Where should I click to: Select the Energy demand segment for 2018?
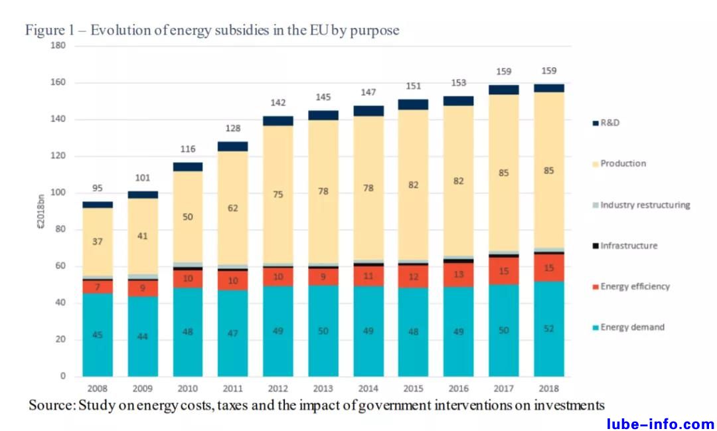point(548,329)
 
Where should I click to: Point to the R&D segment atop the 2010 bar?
point(188,167)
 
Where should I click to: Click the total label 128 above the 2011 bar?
point(232,128)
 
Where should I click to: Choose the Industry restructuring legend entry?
point(645,205)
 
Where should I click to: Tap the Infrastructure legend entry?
point(628,246)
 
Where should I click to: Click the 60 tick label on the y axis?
point(61,266)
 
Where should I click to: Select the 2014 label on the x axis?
point(368,388)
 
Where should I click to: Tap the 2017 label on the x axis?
point(503,388)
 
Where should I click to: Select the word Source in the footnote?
point(50,405)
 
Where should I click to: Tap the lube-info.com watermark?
point(661,424)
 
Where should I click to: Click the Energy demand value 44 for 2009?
point(143,336)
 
